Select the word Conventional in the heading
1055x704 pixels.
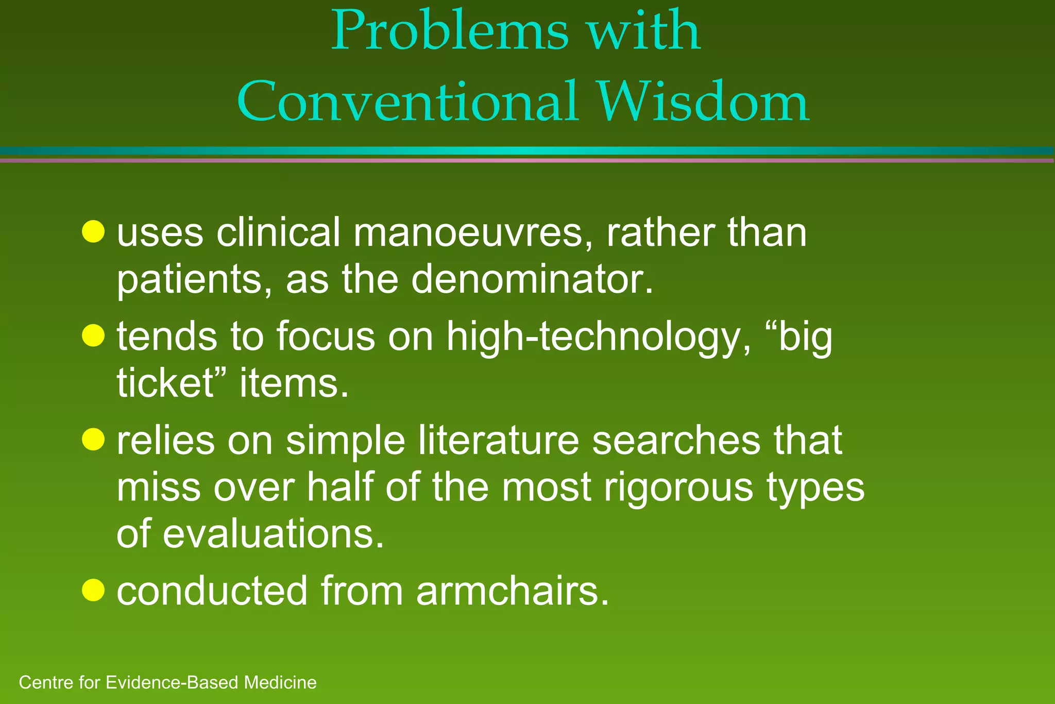[x=407, y=102]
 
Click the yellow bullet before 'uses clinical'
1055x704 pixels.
[x=93, y=231]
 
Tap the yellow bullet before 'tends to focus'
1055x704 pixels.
[x=93, y=336]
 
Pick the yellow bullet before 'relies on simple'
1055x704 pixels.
[x=93, y=440]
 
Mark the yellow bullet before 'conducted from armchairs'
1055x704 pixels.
[x=93, y=590]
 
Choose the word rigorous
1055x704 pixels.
[x=678, y=488]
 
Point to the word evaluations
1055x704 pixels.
[x=273, y=534]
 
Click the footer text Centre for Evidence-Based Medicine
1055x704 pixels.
[x=167, y=682]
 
